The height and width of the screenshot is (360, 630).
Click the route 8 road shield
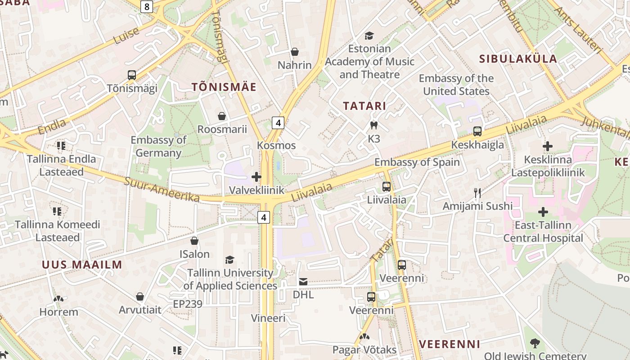[147, 6]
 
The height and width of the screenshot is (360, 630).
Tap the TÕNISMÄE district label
[224, 87]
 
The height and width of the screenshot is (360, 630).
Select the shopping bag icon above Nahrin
[295, 52]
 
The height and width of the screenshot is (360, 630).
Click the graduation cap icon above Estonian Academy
[369, 36]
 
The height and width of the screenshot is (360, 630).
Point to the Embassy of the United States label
[456, 85]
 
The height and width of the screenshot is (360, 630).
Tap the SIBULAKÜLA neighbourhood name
[518, 58]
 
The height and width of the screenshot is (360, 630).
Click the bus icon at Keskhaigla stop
[477, 131]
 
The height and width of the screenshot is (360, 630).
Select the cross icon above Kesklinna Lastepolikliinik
[548, 146]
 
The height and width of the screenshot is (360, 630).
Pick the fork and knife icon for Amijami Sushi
[477, 193]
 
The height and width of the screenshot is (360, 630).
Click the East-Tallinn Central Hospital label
[543, 232]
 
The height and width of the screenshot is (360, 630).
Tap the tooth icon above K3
[373, 125]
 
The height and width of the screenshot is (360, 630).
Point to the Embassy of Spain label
[417, 162]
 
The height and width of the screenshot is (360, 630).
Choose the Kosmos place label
[276, 145]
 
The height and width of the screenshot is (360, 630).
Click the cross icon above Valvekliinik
[256, 177]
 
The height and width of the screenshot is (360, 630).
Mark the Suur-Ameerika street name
[162, 189]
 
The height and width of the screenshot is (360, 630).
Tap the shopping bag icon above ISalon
[194, 241]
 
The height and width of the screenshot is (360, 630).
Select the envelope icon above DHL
[303, 282]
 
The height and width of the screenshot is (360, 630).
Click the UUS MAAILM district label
[82, 265]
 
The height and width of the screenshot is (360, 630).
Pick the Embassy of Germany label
[158, 146]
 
